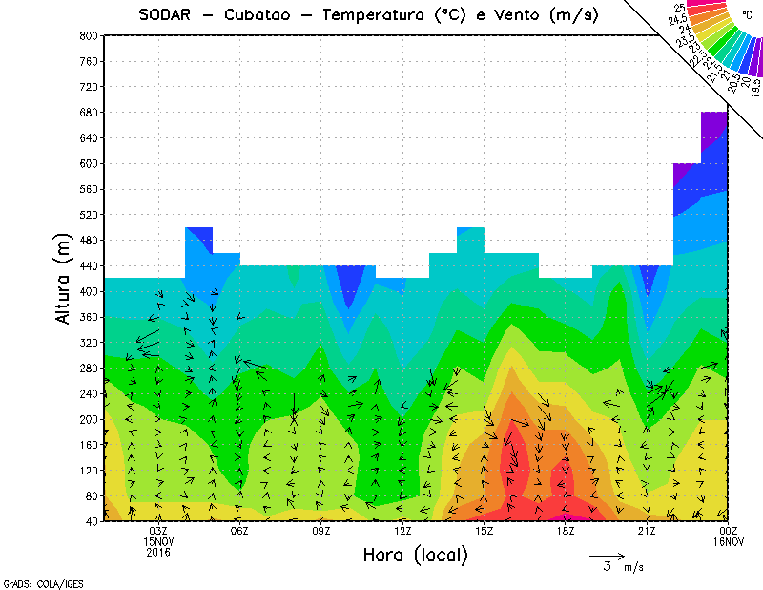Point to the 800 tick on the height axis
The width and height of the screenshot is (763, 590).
click(88, 35)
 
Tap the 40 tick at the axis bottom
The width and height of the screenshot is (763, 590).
click(91, 521)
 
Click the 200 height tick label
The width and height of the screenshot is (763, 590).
click(88, 419)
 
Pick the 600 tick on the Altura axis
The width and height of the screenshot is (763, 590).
click(88, 163)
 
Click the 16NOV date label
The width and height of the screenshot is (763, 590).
click(728, 542)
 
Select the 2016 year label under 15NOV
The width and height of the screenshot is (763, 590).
click(159, 553)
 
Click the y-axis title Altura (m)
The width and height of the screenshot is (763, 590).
click(65, 277)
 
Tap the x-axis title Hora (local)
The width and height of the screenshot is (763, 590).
click(414, 555)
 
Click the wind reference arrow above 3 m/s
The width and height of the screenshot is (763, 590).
click(607, 555)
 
